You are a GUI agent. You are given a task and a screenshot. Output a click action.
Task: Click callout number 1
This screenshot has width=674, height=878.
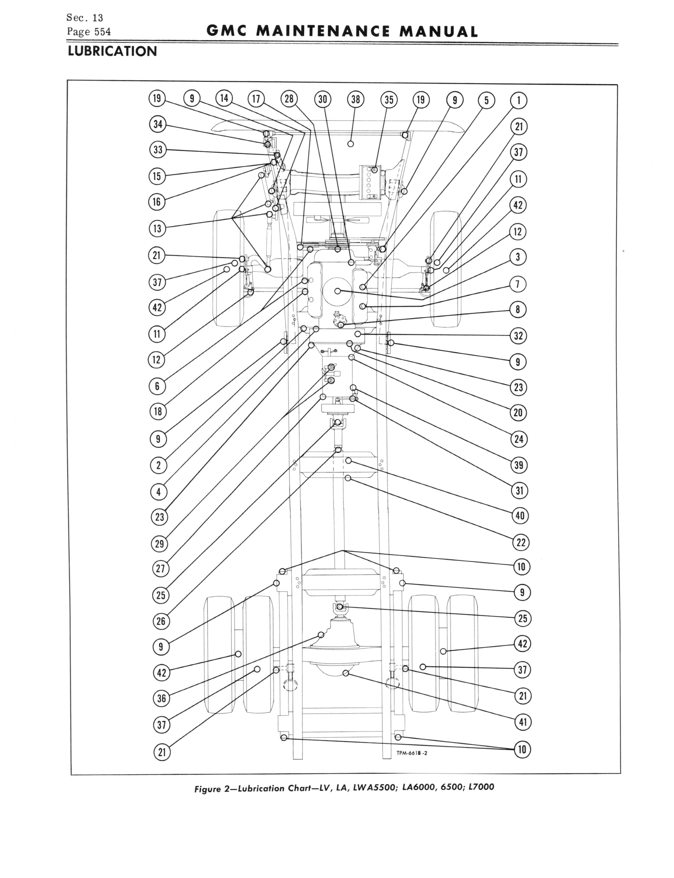click(518, 100)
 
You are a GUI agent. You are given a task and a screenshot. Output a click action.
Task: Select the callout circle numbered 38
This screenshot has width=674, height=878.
click(355, 100)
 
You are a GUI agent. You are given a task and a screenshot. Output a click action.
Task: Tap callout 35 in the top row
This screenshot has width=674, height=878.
click(389, 100)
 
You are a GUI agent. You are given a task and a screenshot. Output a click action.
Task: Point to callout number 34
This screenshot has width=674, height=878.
click(157, 124)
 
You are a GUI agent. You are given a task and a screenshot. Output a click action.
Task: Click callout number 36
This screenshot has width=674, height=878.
click(161, 698)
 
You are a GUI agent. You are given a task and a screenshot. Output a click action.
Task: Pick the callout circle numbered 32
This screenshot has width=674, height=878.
click(518, 336)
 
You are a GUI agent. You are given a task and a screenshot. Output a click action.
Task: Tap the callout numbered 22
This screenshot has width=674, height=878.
click(521, 542)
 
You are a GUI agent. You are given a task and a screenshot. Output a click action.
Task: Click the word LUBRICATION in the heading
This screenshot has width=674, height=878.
click(112, 51)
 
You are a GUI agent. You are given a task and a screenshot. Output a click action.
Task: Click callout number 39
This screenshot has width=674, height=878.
click(519, 465)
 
